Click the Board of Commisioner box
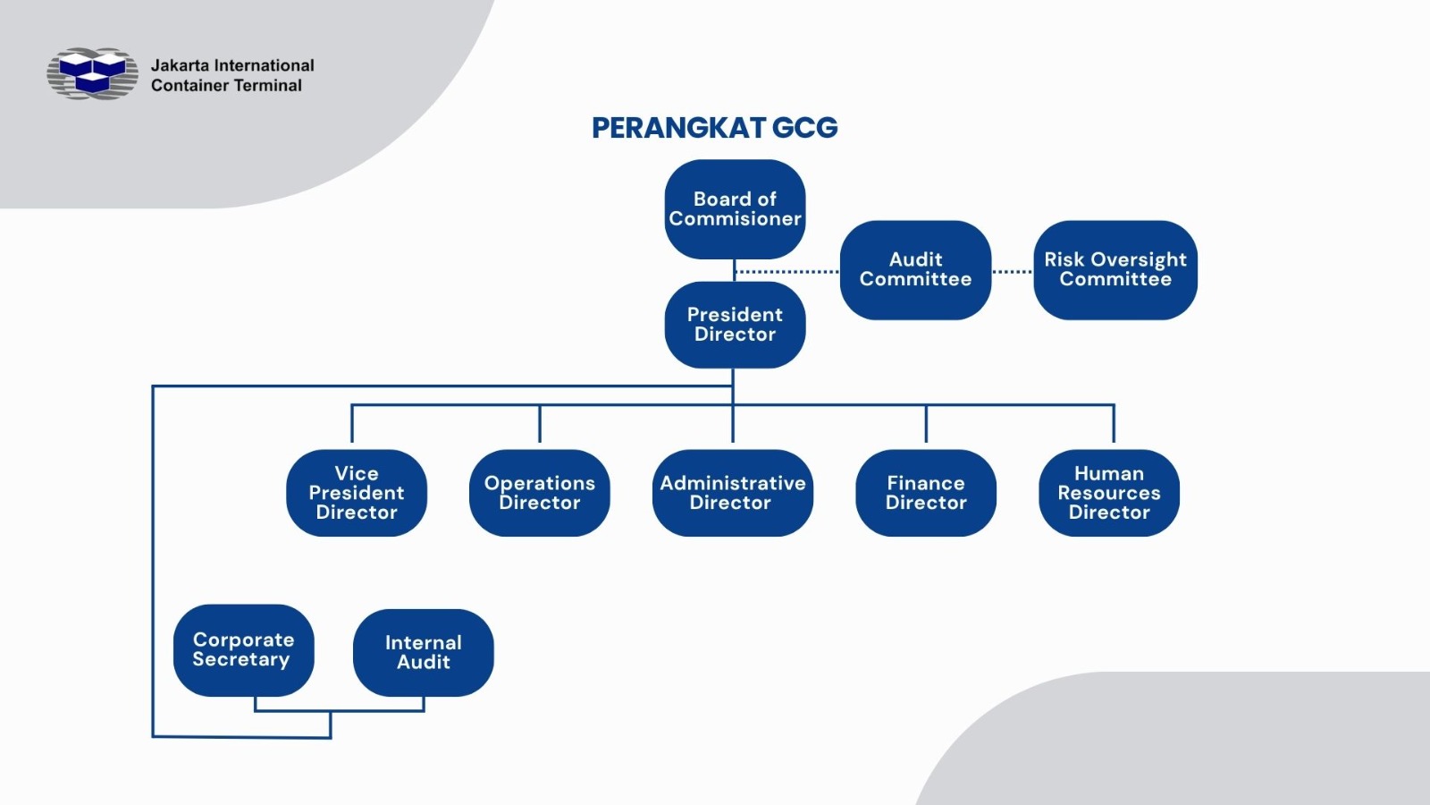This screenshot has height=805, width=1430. tap(735, 209)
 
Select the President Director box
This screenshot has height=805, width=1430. tap(735, 325)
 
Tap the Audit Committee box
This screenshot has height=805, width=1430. tap(915, 269)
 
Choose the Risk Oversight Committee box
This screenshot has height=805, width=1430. tap(1115, 269)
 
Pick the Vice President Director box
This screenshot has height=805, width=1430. tap(357, 493)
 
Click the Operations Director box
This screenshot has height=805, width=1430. tap(540, 493)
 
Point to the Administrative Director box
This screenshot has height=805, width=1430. tap(732, 493)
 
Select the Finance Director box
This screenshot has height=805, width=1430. tap(926, 493)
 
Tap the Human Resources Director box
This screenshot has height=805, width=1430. tap(1109, 493)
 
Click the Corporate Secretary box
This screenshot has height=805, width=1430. tap(243, 650)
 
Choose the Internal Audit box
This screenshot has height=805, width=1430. tap(424, 653)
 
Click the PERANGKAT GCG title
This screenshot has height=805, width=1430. tap(714, 128)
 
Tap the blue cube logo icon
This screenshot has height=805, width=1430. tap(93, 73)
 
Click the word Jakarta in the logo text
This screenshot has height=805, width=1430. tap(180, 65)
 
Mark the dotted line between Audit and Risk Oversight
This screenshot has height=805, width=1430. tap(1012, 272)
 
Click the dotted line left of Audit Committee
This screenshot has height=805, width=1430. tap(786, 271)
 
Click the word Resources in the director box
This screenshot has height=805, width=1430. tap(1109, 493)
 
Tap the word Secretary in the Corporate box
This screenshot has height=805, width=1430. tap(241, 660)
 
